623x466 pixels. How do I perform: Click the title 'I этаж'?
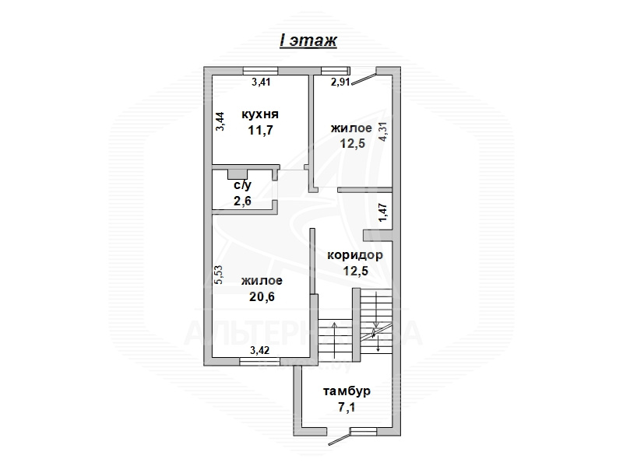308,40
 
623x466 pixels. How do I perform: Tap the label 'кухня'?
260,114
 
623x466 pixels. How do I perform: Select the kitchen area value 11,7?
261,130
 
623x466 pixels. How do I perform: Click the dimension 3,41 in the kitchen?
261,82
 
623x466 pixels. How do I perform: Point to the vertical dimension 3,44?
220,121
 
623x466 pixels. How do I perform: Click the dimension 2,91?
340,82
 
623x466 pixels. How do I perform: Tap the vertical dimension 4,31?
383,131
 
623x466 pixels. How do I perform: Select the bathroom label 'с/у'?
242,185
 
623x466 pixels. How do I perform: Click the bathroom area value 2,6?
242,201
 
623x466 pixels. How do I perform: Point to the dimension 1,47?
383,212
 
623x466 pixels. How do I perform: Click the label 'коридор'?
355,255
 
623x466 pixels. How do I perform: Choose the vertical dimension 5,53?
219,275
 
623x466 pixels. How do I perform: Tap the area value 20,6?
262,296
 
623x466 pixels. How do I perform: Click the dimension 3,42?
259,350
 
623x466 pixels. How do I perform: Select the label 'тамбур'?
347,391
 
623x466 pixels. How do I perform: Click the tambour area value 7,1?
347,407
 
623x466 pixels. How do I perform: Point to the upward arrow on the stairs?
335,340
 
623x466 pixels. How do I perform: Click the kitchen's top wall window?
261,71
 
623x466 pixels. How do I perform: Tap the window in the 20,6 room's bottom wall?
260,361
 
